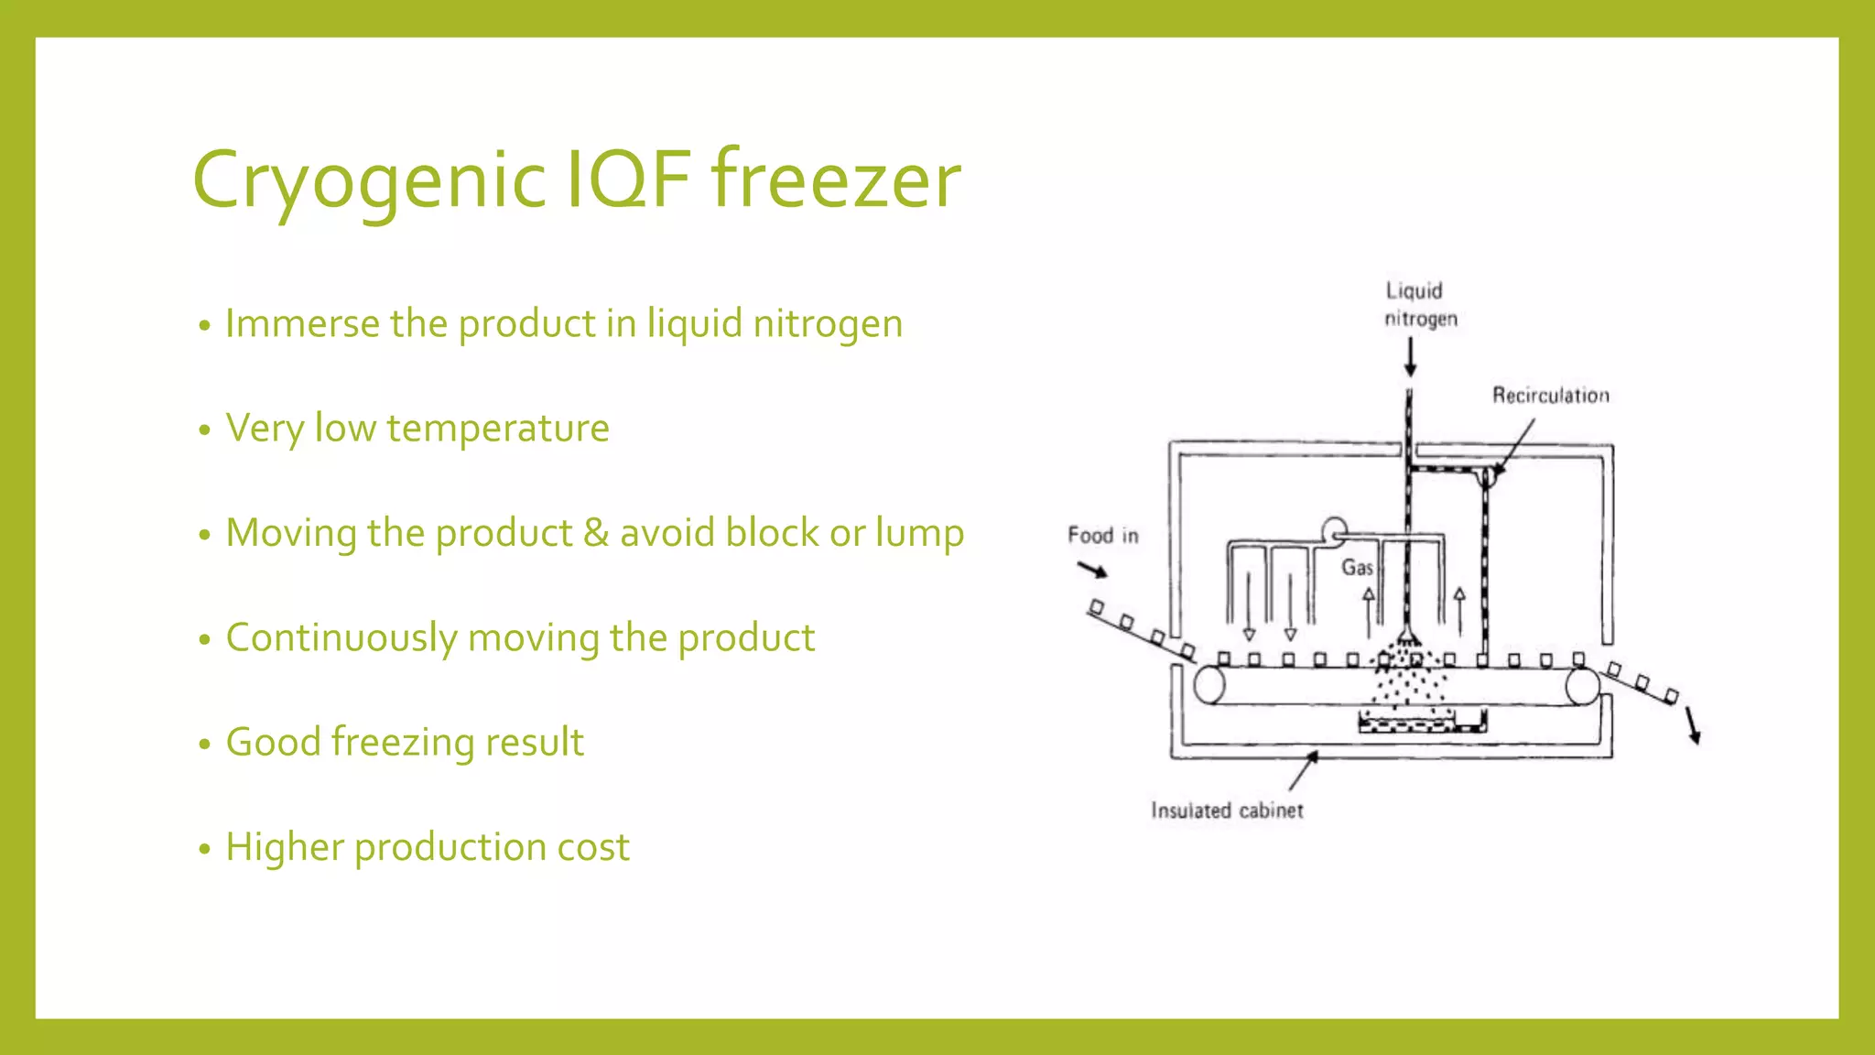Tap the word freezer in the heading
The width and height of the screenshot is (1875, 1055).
coord(836,179)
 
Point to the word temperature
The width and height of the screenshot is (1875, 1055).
coord(497,429)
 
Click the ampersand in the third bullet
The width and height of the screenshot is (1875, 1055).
coord(595,533)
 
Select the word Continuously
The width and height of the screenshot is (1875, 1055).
coord(341,638)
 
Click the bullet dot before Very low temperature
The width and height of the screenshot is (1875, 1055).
coord(204,430)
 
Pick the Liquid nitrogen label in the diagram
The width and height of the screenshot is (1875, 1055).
coord(1419,305)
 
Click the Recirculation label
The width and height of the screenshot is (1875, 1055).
coord(1550,396)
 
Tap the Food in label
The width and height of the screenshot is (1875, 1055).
coord(1102,536)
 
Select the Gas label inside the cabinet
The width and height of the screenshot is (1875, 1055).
coord(1356,568)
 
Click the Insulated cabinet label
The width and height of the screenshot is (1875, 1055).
coord(1227,810)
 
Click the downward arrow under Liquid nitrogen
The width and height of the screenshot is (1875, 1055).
coord(1410,357)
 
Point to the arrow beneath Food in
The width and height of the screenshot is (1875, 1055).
coord(1091,571)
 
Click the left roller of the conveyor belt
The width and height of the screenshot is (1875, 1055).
coord(1209,685)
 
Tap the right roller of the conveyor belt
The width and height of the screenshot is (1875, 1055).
coord(1581,686)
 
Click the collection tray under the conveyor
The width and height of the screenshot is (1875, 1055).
coord(1421,723)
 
